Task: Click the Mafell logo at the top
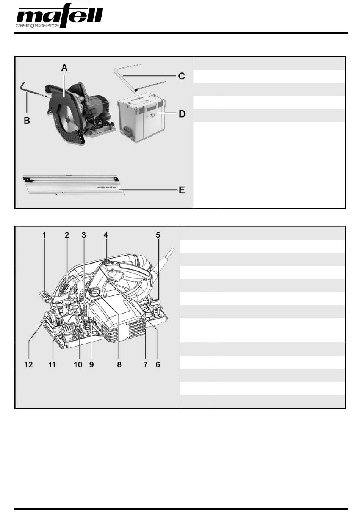59,17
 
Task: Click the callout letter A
64,68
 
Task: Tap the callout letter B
27,121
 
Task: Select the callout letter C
182,76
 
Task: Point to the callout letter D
182,114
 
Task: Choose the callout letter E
182,190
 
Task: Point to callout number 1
44,235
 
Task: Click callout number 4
106,235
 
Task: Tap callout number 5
158,235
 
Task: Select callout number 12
28,364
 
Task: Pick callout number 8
119,364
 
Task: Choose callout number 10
78,364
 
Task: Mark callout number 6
158,364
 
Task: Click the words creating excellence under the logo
37,25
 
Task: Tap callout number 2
67,235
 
